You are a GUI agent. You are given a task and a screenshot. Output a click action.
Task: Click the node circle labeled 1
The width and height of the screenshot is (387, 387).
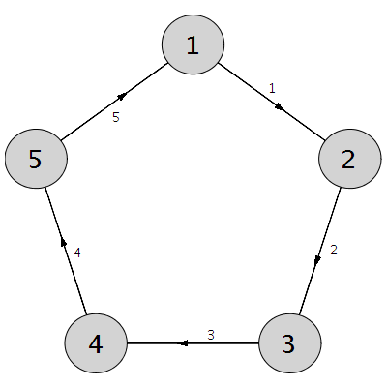pyautogui.click(x=193, y=45)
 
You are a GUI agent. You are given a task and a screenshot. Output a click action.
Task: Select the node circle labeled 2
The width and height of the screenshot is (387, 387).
pyautogui.click(x=350, y=159)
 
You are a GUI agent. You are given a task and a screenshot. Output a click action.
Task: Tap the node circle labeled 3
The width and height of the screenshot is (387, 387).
pyautogui.click(x=290, y=343)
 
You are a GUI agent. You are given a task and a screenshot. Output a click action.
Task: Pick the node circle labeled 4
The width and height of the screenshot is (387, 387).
pyautogui.click(x=96, y=343)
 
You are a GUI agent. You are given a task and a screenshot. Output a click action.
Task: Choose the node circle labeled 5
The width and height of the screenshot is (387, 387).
pyautogui.click(x=36, y=159)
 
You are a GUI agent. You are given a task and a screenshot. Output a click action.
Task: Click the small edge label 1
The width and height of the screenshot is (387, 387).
pyautogui.click(x=272, y=88)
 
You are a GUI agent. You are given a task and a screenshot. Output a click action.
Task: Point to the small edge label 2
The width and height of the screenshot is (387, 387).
pyautogui.click(x=334, y=250)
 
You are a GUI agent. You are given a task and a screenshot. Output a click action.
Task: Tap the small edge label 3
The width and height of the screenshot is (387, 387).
pyautogui.click(x=211, y=335)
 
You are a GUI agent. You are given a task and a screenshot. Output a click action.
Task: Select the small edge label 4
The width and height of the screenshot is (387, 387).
pyautogui.click(x=77, y=253)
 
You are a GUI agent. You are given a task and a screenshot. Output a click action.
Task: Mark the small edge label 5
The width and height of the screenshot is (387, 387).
pyautogui.click(x=116, y=117)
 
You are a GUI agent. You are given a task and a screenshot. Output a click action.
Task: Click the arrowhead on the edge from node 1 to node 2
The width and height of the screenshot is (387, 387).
pyautogui.click(x=280, y=107)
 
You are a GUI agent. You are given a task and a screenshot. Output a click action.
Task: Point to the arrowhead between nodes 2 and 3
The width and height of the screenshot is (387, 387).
pyautogui.click(x=317, y=260)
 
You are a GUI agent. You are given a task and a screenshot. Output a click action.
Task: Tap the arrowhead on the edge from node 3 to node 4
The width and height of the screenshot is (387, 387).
pyautogui.click(x=183, y=343)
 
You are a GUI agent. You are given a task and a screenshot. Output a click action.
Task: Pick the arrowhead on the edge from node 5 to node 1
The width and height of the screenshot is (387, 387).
pyautogui.click(x=123, y=96)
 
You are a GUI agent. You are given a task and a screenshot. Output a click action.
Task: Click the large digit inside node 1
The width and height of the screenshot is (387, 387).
pyautogui.click(x=193, y=45)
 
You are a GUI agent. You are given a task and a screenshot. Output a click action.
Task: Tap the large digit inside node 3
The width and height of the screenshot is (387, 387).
pyautogui.click(x=288, y=343)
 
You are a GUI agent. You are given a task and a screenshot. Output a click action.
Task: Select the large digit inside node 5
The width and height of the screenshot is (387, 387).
pyautogui.click(x=36, y=159)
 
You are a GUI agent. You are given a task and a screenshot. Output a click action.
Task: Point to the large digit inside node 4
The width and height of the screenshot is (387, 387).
pyautogui.click(x=96, y=343)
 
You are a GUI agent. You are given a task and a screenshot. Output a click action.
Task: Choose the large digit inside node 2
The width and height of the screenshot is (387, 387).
pyautogui.click(x=348, y=159)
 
